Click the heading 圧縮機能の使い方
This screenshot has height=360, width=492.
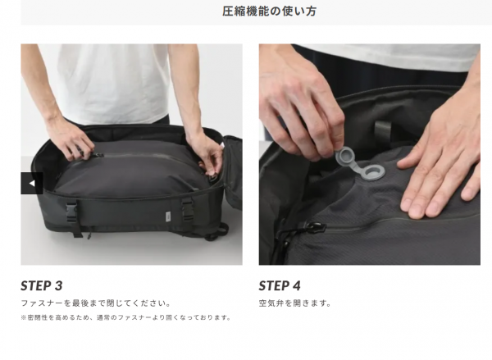(x=269, y=11)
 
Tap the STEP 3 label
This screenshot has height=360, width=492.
(x=42, y=285)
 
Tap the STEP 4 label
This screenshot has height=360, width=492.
(x=280, y=285)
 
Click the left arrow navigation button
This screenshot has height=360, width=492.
(x=32, y=184)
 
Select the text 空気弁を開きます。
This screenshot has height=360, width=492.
(x=294, y=303)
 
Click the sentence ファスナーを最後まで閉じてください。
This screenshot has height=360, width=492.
(x=96, y=303)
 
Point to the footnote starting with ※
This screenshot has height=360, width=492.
(x=125, y=317)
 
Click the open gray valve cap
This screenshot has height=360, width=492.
(x=346, y=157)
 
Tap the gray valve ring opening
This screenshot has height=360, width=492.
(x=372, y=173)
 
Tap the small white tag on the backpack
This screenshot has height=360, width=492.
(x=168, y=216)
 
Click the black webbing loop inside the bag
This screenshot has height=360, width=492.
(x=383, y=131)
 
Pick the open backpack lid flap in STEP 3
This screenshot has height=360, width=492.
(x=233, y=173)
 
